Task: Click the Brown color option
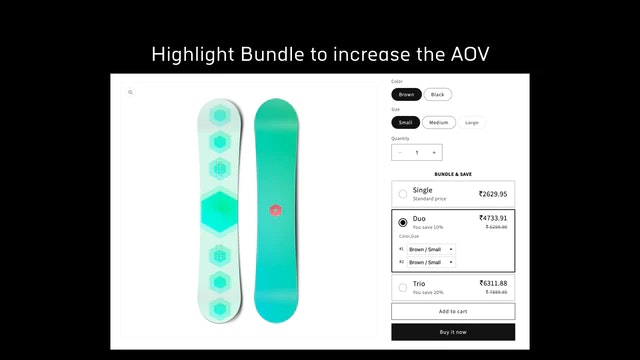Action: [x=407, y=94]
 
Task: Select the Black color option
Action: [x=437, y=94]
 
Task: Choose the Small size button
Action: [x=406, y=122]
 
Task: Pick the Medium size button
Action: [x=438, y=122]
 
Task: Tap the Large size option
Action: [x=472, y=122]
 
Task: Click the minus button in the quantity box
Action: [x=400, y=153]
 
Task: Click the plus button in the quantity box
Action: [x=434, y=153]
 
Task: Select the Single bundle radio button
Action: [x=402, y=194]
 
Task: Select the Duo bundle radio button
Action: [x=402, y=222]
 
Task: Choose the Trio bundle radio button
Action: [x=402, y=287]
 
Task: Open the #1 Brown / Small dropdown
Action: [x=431, y=249]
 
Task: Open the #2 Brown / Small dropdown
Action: [x=431, y=262]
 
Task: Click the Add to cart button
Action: [x=453, y=311]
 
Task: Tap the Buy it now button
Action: [x=453, y=331]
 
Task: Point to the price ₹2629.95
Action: [x=492, y=194]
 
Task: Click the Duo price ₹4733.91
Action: [x=492, y=218]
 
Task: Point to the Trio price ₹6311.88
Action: [x=492, y=283]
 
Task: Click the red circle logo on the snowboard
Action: [x=276, y=210]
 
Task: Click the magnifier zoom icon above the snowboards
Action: [x=130, y=92]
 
